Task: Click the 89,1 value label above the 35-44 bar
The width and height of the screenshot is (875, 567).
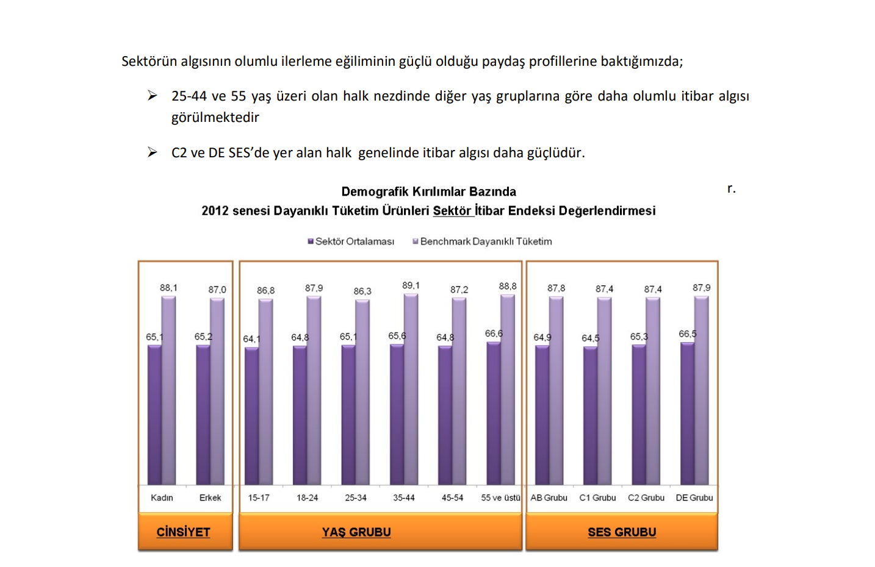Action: pyautogui.click(x=411, y=285)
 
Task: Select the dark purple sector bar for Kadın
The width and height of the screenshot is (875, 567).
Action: pyautogui.click(x=154, y=415)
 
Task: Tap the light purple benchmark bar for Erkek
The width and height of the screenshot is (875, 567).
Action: pyautogui.click(x=217, y=390)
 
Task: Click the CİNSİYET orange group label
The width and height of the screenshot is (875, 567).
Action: pyautogui.click(x=184, y=532)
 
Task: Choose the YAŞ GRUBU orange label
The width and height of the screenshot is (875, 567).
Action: pyautogui.click(x=356, y=532)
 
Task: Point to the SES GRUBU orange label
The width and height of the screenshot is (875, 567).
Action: pyautogui.click(x=622, y=532)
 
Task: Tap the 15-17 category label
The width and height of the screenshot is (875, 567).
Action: pyautogui.click(x=259, y=497)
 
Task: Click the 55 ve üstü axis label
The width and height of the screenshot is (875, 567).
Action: pyautogui.click(x=500, y=497)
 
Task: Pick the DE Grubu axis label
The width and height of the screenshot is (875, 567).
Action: pyautogui.click(x=694, y=497)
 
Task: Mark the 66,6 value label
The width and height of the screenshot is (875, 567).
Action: pyautogui.click(x=494, y=333)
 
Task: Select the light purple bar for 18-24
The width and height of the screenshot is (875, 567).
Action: pyautogui.click(x=314, y=390)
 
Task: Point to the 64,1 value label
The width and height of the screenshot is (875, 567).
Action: pyautogui.click(x=251, y=339)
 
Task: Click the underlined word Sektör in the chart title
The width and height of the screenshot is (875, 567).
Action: pyautogui.click(x=452, y=211)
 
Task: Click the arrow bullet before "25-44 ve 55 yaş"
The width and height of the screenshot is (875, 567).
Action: pyautogui.click(x=152, y=96)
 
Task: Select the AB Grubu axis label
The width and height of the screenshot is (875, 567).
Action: pyautogui.click(x=549, y=497)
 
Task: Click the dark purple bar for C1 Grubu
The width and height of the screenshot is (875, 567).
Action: pyautogui.click(x=590, y=416)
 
